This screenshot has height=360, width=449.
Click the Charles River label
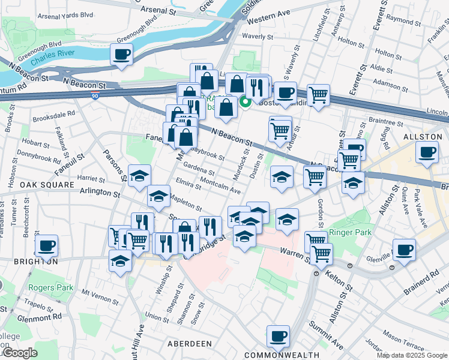[x=51, y=61]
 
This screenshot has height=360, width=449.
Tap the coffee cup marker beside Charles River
[x=122, y=55]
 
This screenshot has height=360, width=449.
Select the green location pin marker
[x=245, y=101]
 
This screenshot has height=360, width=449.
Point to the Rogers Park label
[x=51, y=287]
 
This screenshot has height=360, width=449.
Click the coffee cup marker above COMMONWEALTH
[x=278, y=337]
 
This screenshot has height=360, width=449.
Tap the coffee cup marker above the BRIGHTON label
[x=47, y=245]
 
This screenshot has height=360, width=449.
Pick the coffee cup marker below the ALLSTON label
[x=427, y=152]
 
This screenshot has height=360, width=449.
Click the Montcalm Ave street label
[x=220, y=186]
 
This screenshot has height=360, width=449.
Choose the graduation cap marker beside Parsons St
[x=140, y=176]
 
